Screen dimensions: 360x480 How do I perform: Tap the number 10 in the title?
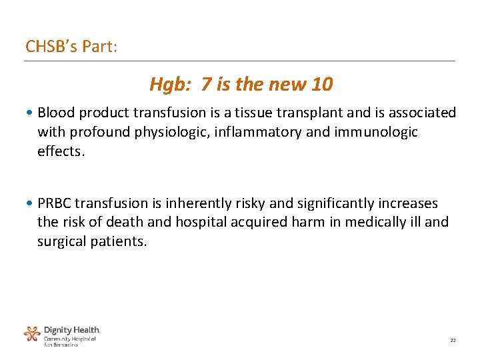(x=321, y=85)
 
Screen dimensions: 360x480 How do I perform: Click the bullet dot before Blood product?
(x=32, y=113)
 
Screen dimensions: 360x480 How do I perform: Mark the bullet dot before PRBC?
(x=32, y=203)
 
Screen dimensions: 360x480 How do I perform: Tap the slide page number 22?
(x=453, y=340)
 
